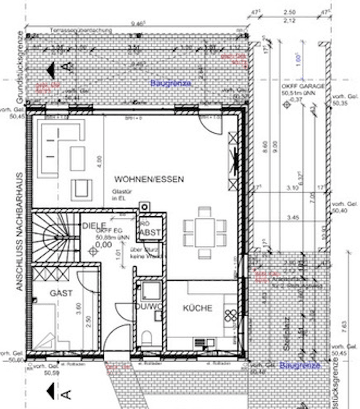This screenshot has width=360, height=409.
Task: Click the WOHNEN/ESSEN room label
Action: (149, 179)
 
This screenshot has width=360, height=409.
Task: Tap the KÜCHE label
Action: (197, 308)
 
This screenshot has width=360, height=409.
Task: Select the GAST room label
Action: (61, 293)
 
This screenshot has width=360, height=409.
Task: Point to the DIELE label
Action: (94, 226)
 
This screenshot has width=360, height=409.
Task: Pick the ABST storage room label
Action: (150, 233)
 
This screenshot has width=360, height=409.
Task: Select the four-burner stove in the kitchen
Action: (231, 316)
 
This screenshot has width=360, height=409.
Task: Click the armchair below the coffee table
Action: (82, 188)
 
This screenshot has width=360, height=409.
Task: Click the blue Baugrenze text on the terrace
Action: (171, 83)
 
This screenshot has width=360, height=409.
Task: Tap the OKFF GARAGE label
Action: (303, 88)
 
